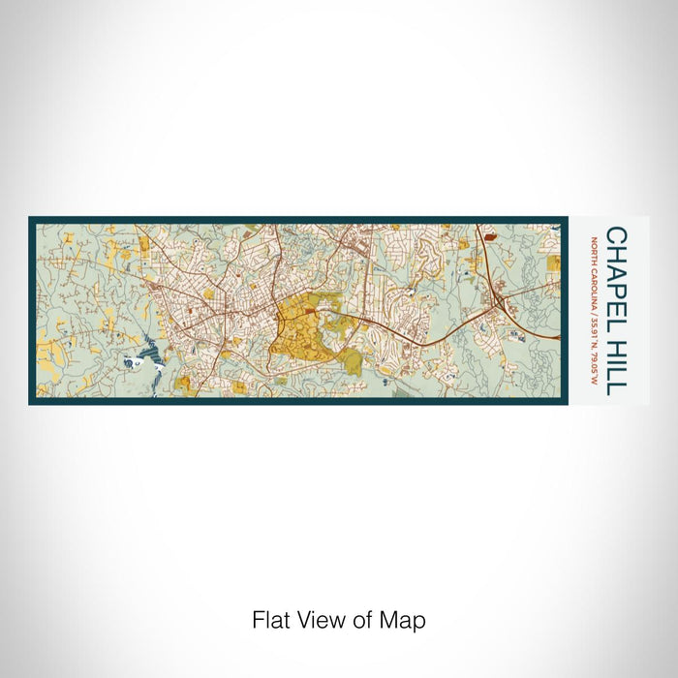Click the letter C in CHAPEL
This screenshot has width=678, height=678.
coord(616,235)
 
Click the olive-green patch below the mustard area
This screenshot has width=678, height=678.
coord(352,363)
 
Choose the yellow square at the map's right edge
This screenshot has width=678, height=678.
coord(552,262)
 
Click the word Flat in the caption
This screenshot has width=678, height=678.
coord(271,620)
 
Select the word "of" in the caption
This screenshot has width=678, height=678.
coord(366,620)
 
